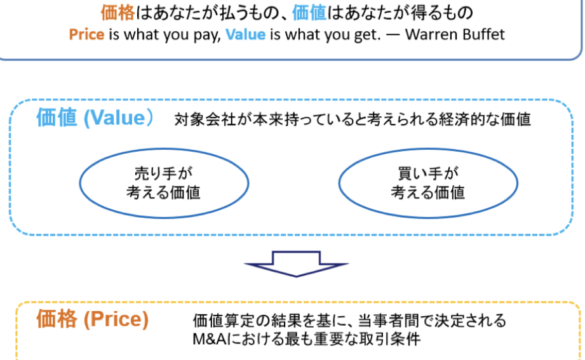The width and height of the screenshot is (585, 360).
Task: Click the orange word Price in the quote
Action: point(86,34)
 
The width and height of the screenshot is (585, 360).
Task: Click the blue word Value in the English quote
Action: point(245,34)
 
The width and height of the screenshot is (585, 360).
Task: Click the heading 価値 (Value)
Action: point(95,119)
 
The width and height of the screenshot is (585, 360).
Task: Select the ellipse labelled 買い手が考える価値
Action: point(427,183)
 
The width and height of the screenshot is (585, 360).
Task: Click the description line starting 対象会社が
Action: point(353,120)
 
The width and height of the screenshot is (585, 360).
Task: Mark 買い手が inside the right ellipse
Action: point(427,173)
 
